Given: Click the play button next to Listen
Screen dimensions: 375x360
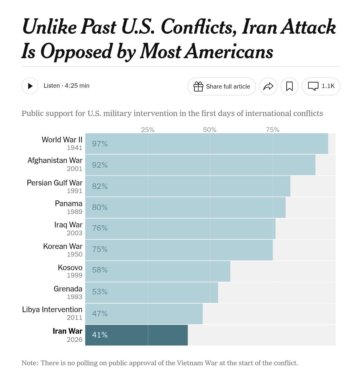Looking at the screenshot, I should tap(30, 86).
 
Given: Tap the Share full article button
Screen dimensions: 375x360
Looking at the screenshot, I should tap(222, 87).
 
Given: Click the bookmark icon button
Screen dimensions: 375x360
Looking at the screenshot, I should tap(289, 87).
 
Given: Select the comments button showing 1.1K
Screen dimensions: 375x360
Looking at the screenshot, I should tap(321, 86).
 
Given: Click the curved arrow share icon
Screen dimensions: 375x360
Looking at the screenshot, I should tap(268, 87).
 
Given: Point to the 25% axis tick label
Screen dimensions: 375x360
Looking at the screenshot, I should tap(148, 130).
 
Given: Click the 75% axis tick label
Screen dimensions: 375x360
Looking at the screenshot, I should tap(272, 130).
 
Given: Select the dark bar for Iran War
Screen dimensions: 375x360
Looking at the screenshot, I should tap(136, 335).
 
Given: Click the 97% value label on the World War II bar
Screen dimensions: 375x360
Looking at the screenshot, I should tap(100, 144).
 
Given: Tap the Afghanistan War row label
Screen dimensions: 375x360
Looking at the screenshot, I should tap(55, 160).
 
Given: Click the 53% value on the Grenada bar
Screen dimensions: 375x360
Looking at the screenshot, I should tap(100, 292).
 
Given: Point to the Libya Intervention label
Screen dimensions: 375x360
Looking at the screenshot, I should tap(52, 309).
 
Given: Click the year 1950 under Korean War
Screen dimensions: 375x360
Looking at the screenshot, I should tap(75, 254).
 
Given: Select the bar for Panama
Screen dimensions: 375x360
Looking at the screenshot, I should tap(185, 207).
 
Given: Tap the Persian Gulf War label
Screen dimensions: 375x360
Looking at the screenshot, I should tap(55, 183).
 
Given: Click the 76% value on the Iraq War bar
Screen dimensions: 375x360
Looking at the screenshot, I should tap(100, 228).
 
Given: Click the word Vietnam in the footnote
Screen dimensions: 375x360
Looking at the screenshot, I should tap(189, 363).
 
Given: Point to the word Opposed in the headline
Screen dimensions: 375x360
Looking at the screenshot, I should tap(76, 51).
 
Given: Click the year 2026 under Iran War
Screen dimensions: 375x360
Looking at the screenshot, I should tap(75, 340).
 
